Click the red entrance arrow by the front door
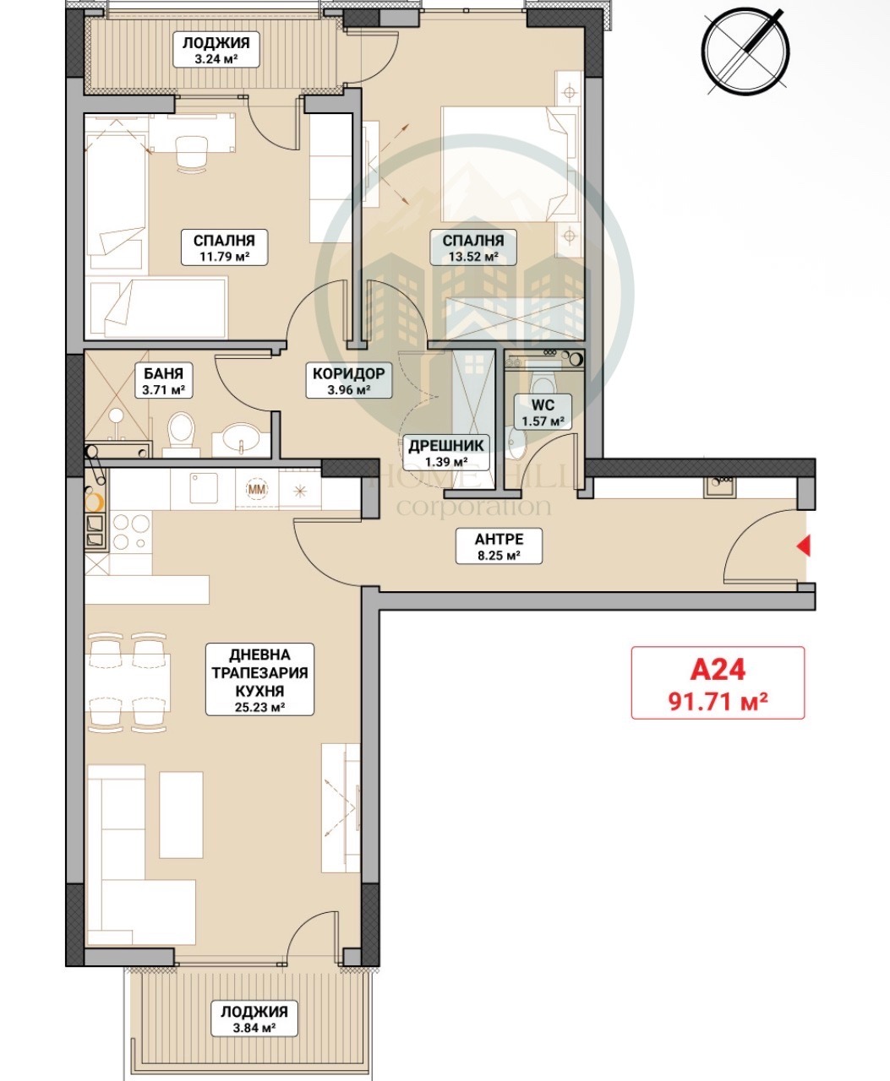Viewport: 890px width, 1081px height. [x=804, y=546]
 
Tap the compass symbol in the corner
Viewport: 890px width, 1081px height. [x=745, y=52]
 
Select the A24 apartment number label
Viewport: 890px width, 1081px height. [x=718, y=670]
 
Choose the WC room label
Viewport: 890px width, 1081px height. [x=543, y=405]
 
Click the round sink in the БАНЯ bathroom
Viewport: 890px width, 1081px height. [x=242, y=437]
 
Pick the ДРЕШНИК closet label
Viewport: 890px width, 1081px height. [x=445, y=445]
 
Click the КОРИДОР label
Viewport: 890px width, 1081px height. [x=348, y=373]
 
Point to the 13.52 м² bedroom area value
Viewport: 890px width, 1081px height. [x=473, y=256]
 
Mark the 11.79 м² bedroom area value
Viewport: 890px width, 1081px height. [x=224, y=256]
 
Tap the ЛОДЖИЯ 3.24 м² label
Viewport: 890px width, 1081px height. [x=216, y=50]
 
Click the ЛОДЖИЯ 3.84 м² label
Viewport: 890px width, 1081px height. [x=254, y=1020]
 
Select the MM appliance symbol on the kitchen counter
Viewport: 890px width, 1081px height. [x=257, y=489]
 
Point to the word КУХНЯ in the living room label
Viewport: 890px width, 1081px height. [x=259, y=691]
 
